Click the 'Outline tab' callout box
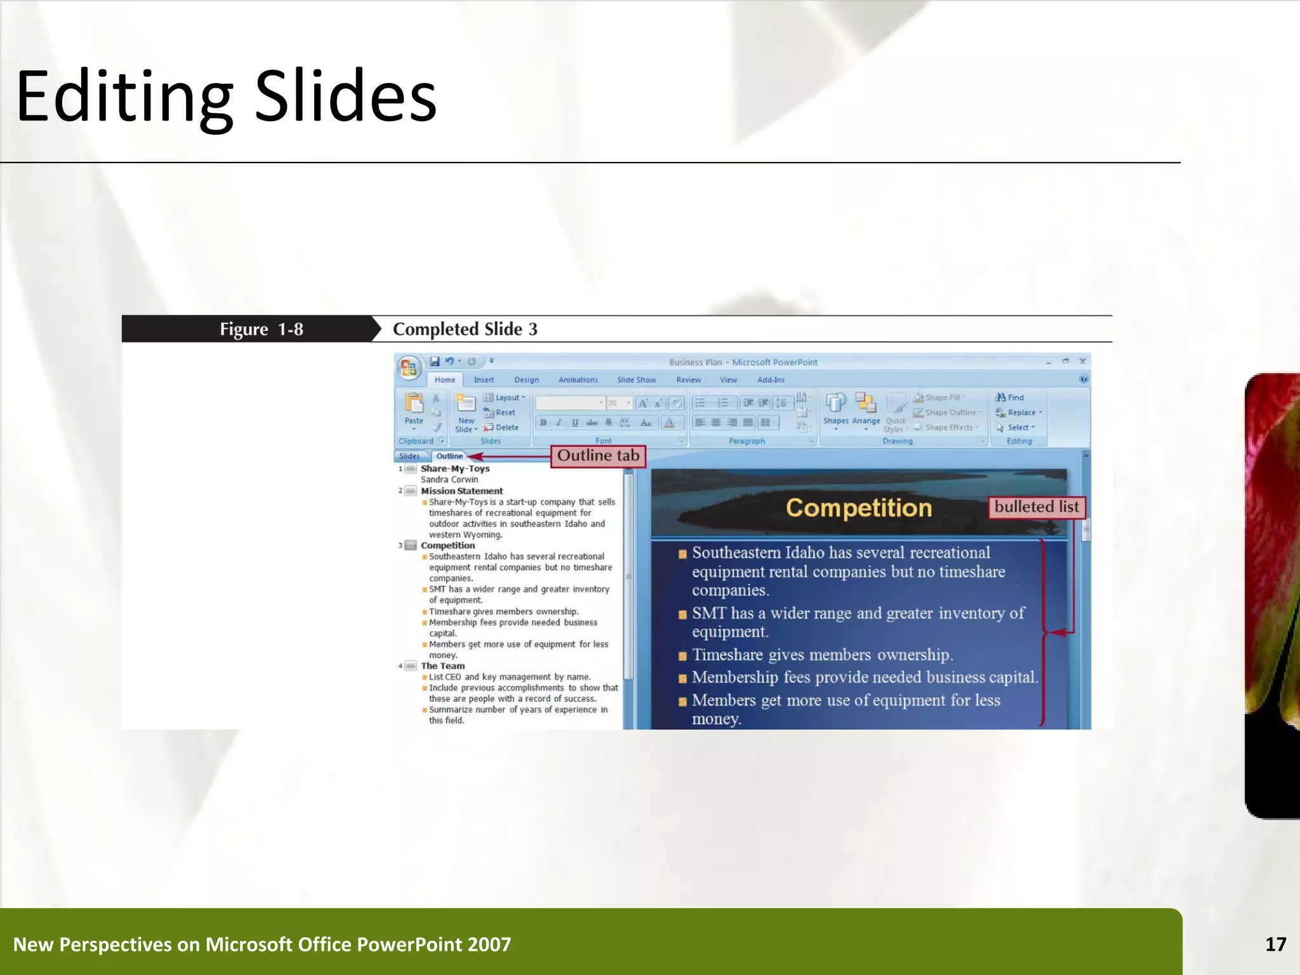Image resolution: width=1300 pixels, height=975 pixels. pos(597,456)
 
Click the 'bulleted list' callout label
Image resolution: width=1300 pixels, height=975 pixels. pos(1036,507)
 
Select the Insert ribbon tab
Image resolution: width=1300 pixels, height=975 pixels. pos(483,380)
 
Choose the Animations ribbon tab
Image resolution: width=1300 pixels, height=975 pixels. pos(578,380)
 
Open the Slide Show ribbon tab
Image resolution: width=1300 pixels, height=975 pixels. pos(636,380)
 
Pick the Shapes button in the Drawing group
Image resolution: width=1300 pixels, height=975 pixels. pos(835,409)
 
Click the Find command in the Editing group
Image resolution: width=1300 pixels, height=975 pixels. pos(1010,397)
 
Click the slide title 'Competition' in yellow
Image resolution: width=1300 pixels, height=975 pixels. pos(858,508)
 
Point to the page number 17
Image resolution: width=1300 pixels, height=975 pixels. pos(1275,945)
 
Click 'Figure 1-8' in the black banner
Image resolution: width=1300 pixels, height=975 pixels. pos(261,329)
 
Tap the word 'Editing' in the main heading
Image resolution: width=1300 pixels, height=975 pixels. pos(124,96)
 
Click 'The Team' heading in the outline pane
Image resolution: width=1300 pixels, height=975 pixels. pos(442,666)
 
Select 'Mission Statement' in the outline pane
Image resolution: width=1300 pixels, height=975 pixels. pos(461,491)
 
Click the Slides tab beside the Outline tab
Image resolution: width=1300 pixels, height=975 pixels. pos(409,456)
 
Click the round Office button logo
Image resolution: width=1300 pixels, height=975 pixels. pos(409,367)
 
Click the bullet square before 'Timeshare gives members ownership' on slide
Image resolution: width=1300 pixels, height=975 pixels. pos(682,656)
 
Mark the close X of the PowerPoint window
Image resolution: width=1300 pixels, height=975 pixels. pos(1082,361)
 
